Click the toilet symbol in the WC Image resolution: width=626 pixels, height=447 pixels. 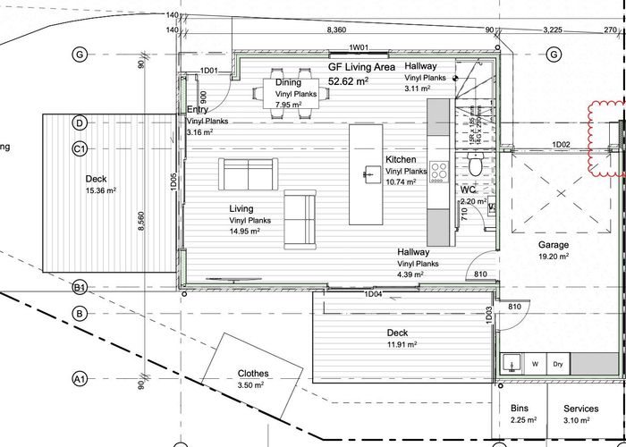point(476,165)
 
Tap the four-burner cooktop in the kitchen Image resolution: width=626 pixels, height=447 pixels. point(439,170)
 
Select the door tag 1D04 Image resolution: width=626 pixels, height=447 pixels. point(373,293)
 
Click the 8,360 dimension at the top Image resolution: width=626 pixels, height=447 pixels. point(338,30)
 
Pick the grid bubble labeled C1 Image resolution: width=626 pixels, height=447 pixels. point(80,148)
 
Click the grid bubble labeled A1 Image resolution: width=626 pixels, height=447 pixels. point(80,379)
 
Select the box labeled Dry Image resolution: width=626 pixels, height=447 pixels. point(557,364)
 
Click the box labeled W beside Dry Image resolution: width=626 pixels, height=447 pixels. point(535,364)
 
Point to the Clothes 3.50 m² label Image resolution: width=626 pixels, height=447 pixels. point(253,380)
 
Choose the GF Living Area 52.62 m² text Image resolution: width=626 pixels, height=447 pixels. point(360,74)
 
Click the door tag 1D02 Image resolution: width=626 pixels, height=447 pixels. point(562,144)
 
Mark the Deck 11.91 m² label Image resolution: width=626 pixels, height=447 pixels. point(397,338)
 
